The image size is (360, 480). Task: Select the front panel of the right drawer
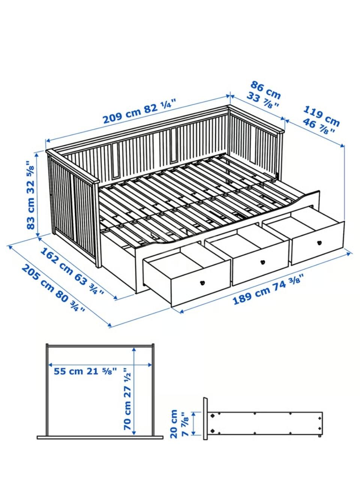coord(318,243)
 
